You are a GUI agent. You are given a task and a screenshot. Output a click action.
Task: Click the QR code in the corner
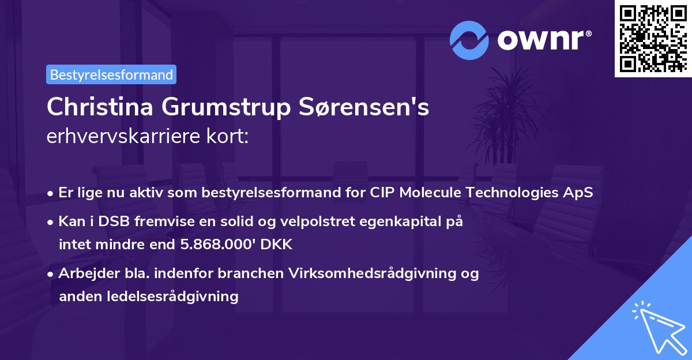[653, 39]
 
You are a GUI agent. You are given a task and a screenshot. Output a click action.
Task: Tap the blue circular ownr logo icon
[469, 40]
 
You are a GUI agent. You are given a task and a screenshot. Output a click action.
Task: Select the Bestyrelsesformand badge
[111, 74]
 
